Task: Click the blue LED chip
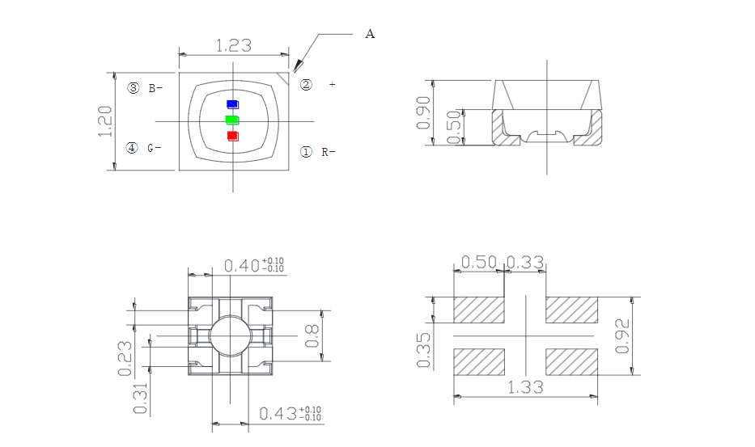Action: [232, 104]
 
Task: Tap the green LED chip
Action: [232, 120]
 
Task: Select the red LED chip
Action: [233, 135]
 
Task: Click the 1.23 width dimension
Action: [233, 46]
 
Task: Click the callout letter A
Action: [371, 34]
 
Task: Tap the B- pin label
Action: [155, 88]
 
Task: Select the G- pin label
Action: [155, 148]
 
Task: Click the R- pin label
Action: [328, 151]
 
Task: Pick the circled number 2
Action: [306, 84]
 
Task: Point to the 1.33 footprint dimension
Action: [526, 388]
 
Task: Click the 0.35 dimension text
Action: [423, 349]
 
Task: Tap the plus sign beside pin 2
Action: [332, 84]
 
